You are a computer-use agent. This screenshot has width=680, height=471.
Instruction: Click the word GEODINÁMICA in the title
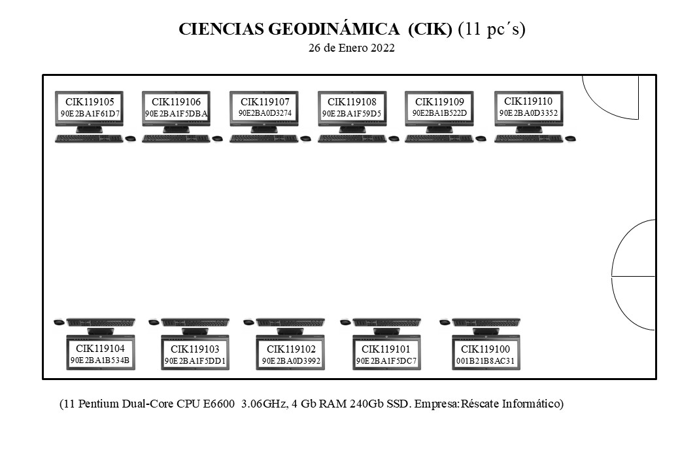point(334,29)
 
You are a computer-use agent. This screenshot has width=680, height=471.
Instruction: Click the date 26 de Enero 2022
point(352,48)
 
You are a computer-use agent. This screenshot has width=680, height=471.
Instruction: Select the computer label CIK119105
point(90,102)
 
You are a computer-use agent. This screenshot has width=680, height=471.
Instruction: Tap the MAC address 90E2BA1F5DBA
point(176,114)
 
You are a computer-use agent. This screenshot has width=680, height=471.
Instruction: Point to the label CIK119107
point(265,102)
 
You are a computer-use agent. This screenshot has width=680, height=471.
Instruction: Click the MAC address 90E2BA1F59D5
point(352,114)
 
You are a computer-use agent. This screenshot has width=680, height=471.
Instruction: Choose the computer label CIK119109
point(440,102)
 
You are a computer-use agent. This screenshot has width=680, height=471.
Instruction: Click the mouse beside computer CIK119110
point(570,139)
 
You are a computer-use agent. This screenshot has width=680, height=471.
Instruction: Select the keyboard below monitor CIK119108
point(352,138)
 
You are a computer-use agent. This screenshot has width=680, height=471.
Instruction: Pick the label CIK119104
point(100,348)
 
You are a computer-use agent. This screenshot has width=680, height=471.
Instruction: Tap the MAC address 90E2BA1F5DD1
point(195,361)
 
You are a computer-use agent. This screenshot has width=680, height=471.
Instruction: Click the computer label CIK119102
point(291,349)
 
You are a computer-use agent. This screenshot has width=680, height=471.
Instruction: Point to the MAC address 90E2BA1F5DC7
point(386,361)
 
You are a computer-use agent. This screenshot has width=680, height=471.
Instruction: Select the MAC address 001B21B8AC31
point(485,361)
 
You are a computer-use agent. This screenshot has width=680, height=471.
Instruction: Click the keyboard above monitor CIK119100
point(486,323)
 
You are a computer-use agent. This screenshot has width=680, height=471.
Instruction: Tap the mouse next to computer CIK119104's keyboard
point(59,322)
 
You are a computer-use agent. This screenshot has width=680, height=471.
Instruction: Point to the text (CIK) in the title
point(430,29)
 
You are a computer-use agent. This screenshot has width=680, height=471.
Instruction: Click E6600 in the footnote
point(216,404)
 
